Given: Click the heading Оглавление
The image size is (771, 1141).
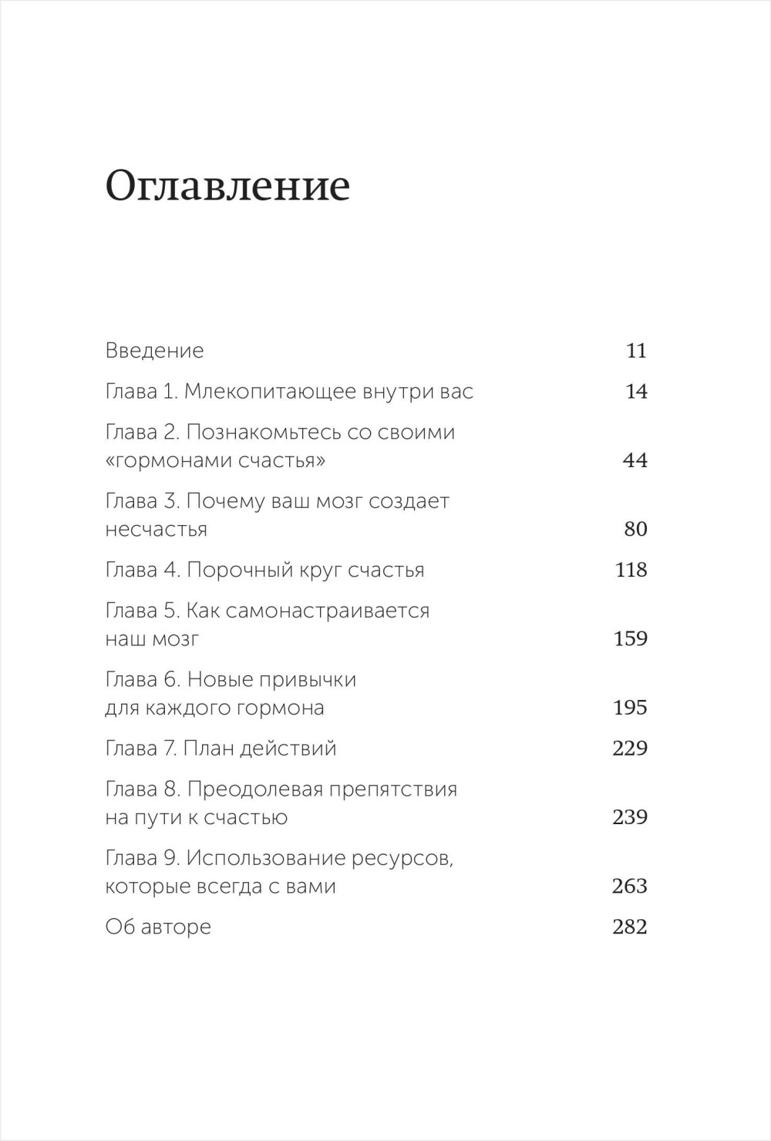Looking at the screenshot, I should pyautogui.click(x=227, y=187).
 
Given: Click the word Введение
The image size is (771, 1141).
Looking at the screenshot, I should pyautogui.click(x=154, y=351).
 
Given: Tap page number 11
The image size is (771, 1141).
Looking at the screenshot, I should pyautogui.click(x=636, y=351).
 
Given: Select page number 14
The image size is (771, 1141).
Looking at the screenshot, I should pyautogui.click(x=636, y=392).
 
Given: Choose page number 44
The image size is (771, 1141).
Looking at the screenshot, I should pyautogui.click(x=635, y=460).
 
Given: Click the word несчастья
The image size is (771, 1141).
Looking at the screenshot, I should pyautogui.click(x=156, y=530).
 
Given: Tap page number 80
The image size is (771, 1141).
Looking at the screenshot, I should pyautogui.click(x=635, y=529).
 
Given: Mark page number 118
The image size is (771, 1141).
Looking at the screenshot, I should pyautogui.click(x=631, y=570).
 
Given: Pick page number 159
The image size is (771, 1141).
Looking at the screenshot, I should pyautogui.click(x=630, y=639).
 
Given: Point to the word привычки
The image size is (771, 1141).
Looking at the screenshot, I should pyautogui.click(x=308, y=680).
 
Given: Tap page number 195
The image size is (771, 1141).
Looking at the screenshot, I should pyautogui.click(x=630, y=708).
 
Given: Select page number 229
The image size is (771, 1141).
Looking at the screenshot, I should pyautogui.click(x=629, y=749).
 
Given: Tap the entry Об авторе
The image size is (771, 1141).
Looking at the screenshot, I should pyautogui.click(x=158, y=927).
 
